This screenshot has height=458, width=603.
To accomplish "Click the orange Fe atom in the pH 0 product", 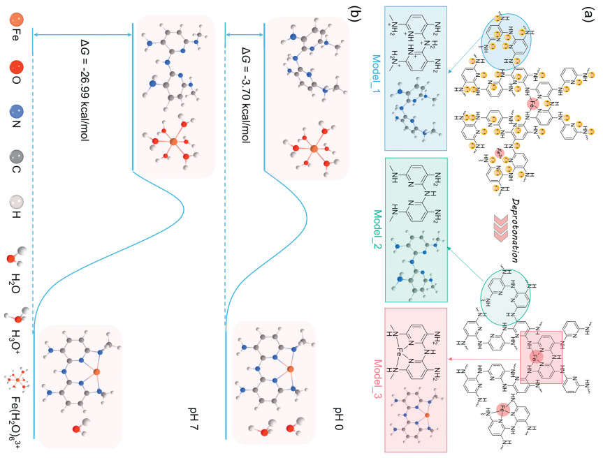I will (x=290, y=368).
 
